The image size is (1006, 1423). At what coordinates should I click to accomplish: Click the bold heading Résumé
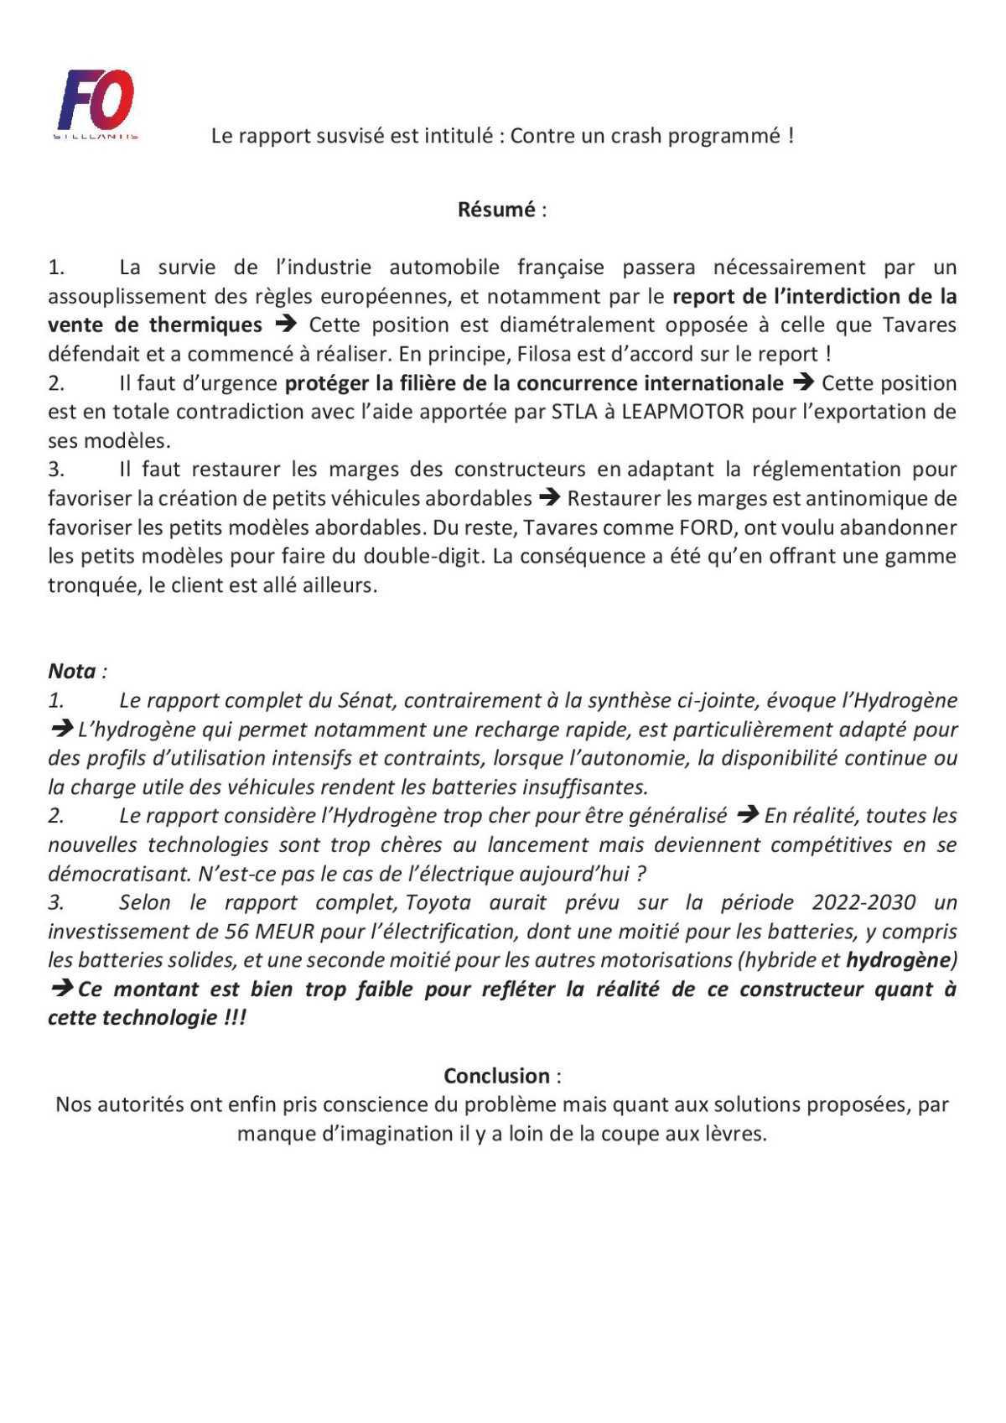point(495,210)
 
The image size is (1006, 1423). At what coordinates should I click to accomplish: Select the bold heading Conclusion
point(496,1076)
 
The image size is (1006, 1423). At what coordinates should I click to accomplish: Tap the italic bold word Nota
point(72,672)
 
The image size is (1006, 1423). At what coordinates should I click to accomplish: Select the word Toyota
point(438,902)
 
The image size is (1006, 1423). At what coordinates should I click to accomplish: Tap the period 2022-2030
point(863,902)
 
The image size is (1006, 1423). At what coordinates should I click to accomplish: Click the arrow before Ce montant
point(61,989)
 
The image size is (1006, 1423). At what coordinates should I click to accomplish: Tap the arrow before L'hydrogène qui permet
point(61,729)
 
